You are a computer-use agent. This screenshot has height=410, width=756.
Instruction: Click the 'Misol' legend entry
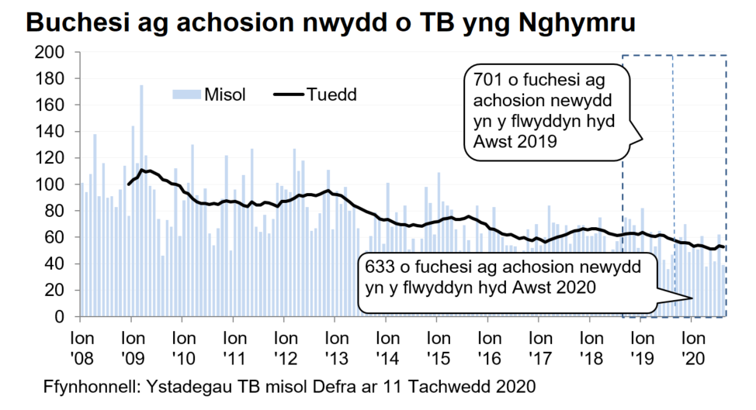[225, 95]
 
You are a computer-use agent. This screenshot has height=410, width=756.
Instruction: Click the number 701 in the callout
[488, 81]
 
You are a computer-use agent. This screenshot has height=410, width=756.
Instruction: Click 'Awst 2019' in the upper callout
[514, 142]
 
